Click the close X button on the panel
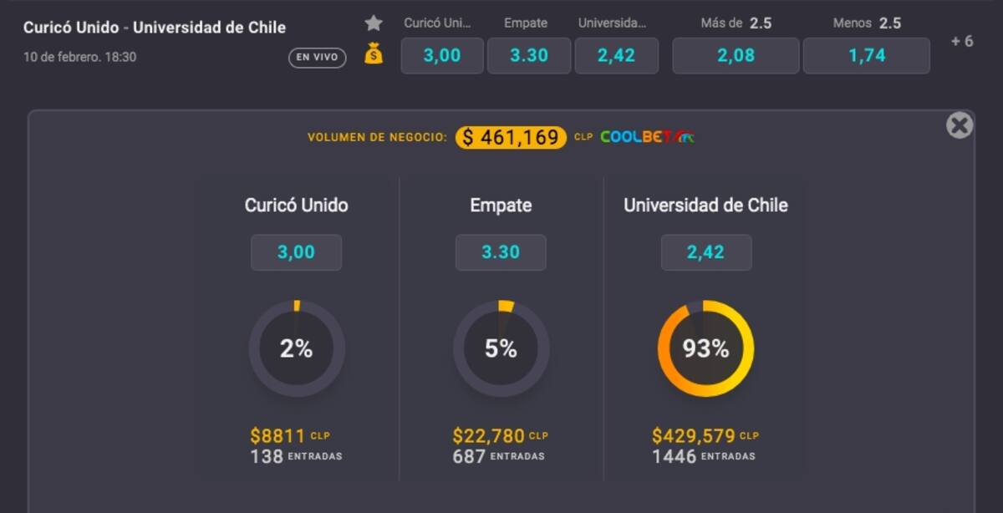pos(960,125)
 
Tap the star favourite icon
pos(374,23)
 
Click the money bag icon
pos(374,54)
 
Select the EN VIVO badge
pos(318,58)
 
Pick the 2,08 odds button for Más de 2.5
pos(736,56)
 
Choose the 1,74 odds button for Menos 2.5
pos(866,56)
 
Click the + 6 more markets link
pos(962,41)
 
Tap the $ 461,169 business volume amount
pos(511,137)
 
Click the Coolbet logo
pos(646,137)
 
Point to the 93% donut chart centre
pos(705,348)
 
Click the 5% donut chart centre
pos(501,348)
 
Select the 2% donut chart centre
pos(297,348)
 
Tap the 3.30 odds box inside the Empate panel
pos(501,252)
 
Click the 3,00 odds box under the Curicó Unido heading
pos(297,252)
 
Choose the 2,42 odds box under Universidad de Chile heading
pos(706,252)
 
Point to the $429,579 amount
pos(694,436)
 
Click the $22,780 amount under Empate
pos(489,436)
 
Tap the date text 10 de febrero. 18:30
pos(79,58)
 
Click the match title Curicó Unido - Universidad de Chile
pos(155,28)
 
